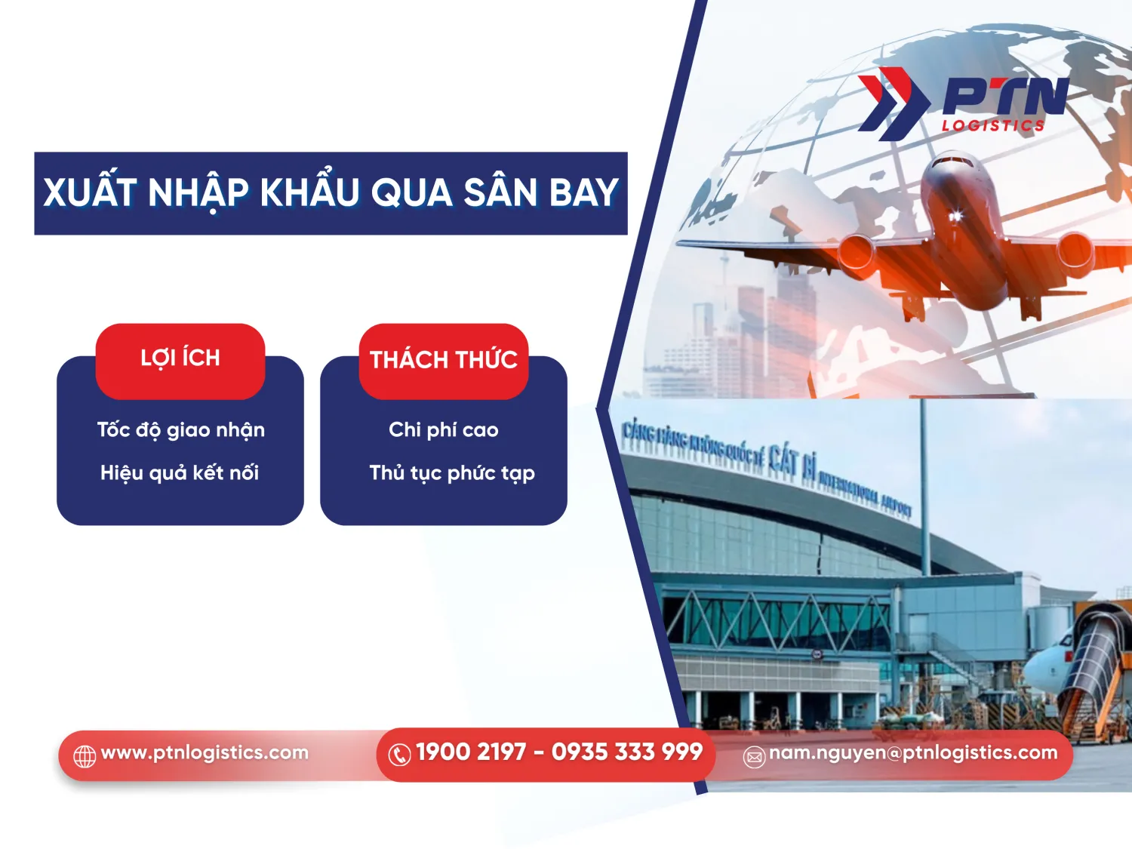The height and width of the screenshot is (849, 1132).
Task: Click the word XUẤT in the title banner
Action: [89, 192]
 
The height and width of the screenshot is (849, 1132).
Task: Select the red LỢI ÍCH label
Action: [180, 358]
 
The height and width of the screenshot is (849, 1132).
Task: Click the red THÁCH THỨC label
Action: [444, 360]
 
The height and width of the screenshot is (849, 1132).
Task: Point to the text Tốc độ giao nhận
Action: [180, 430]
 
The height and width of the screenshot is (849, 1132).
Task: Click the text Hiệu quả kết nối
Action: [180, 473]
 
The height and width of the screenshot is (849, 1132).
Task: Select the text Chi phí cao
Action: [444, 430]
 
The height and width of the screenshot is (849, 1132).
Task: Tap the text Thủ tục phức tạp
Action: [452, 473]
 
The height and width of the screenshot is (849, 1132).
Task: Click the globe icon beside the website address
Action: [85, 755]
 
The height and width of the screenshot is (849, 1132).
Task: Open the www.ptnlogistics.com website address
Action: [205, 752]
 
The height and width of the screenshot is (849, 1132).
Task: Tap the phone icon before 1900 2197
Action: [399, 754]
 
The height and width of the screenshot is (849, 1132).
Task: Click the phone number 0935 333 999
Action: [627, 752]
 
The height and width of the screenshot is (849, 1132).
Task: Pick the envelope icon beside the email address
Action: [754, 756]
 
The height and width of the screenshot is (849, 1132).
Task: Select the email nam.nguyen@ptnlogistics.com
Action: [913, 752]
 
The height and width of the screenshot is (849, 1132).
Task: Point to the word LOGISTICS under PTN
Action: [993, 126]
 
